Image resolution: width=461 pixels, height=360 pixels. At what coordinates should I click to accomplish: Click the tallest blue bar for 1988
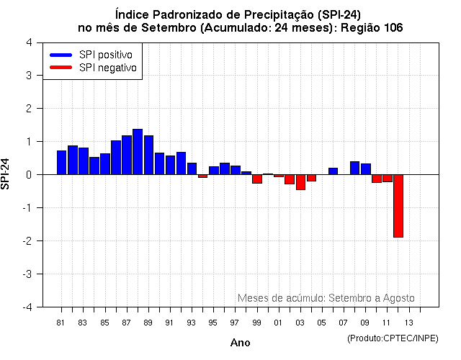click(137, 152)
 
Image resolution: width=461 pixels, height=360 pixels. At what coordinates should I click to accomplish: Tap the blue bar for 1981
click(61, 162)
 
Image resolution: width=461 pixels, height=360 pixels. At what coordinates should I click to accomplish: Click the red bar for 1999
click(257, 179)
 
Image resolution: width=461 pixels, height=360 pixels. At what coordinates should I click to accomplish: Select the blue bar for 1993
click(192, 168)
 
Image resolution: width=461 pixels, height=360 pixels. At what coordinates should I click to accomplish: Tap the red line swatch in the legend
click(61, 68)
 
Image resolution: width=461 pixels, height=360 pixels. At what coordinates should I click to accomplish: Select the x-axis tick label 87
click(126, 322)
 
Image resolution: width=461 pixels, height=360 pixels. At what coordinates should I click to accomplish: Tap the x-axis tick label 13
click(408, 322)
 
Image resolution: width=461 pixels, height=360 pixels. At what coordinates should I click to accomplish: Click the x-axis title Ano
click(240, 343)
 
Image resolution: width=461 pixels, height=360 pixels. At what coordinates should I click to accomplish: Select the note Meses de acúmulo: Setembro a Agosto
click(326, 298)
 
